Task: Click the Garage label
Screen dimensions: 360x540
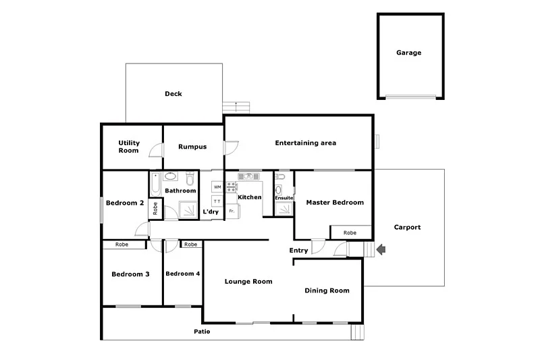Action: pos(409,53)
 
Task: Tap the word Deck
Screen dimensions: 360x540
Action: pos(173,94)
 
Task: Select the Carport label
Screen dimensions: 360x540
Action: pos(407,228)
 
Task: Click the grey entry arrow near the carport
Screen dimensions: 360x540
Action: pos(381,250)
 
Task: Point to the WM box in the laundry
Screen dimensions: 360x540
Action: pos(217,186)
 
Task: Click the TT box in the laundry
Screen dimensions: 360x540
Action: pos(217,201)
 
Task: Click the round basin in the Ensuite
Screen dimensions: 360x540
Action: pos(279,190)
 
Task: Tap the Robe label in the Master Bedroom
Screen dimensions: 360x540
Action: pos(350,233)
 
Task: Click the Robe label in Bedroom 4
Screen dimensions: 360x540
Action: pos(191,245)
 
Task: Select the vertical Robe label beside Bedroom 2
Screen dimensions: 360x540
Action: pos(155,208)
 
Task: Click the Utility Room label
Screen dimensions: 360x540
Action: pos(128,147)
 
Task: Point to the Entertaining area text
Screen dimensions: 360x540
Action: pos(305,143)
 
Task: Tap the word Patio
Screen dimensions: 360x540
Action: pos(202,332)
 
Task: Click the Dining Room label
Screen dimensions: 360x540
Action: pos(327,290)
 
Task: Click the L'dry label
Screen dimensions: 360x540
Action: pos(211,212)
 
